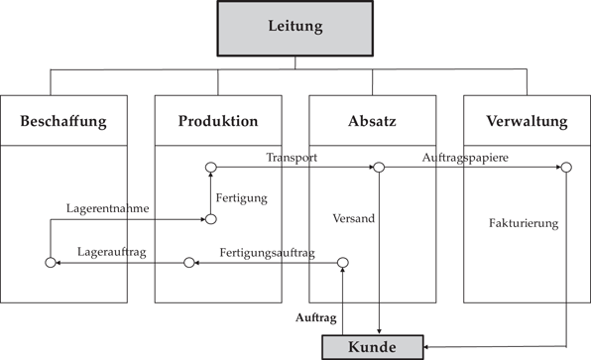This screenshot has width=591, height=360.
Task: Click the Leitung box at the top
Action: tap(295, 27)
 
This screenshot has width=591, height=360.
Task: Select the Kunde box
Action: tap(373, 347)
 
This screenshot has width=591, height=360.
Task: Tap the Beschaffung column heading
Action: tap(63, 122)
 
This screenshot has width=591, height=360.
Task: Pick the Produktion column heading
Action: tap(218, 121)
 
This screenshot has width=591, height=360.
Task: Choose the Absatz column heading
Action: tap(372, 122)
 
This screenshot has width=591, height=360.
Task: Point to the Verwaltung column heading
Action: tap(527, 122)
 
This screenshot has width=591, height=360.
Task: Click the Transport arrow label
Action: tap(292, 158)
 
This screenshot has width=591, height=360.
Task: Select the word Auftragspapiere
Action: tap(466, 158)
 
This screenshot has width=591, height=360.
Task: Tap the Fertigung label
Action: tap(241, 198)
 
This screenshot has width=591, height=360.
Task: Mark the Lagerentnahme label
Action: tap(108, 208)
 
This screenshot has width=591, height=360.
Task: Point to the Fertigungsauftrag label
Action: tap(267, 252)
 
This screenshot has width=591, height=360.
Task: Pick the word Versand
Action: tap(355, 218)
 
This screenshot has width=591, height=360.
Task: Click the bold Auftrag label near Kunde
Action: tap(316, 318)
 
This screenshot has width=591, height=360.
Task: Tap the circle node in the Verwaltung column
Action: tap(565, 168)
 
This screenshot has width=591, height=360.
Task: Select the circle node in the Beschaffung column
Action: tap(50, 263)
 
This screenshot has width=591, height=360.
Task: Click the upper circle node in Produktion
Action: tap(210, 168)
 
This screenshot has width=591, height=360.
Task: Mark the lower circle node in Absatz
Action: tap(342, 263)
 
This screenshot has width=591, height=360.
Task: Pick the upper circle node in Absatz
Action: tap(378, 168)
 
